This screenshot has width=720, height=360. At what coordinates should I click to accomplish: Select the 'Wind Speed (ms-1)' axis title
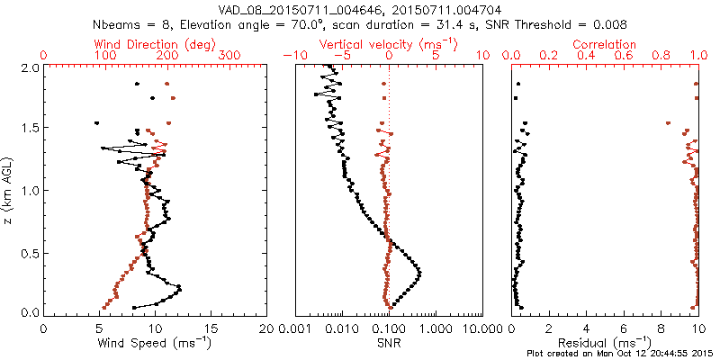point(154,343)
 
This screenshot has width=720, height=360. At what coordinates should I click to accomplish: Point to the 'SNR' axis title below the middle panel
point(389,343)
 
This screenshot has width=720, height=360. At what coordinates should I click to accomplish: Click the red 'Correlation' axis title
point(605,44)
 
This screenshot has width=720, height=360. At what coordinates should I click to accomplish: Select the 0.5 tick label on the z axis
point(30,252)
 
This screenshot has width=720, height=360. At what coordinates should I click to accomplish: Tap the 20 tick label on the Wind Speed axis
point(266,328)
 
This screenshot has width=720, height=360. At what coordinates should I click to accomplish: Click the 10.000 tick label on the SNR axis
point(481,328)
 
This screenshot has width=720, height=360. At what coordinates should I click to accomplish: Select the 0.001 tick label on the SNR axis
point(294,328)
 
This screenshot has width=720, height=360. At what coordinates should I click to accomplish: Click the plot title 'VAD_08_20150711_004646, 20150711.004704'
point(363,7)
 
